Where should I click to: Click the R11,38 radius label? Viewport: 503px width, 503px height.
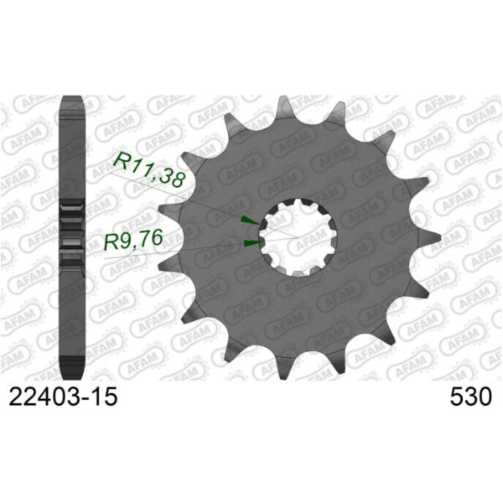pos(152,169)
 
